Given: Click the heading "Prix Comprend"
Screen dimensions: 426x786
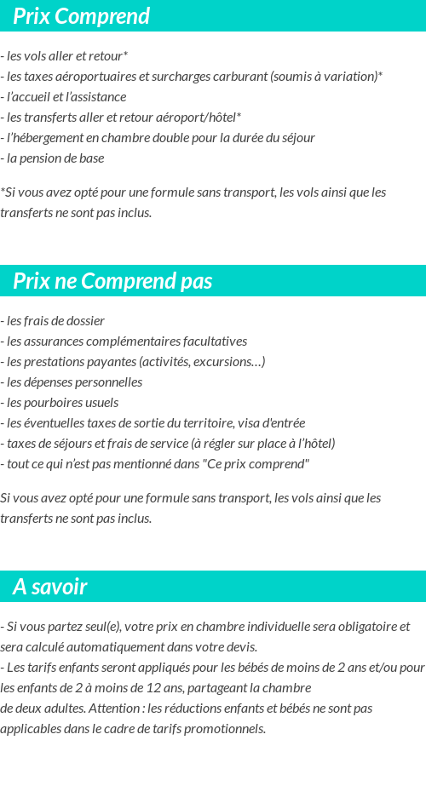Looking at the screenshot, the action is point(81,16).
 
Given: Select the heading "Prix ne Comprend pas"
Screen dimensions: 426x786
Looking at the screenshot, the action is point(112,281).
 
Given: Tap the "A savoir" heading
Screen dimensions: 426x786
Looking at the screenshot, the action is point(50,587).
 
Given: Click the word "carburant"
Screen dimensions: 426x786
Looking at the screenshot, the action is point(239,77).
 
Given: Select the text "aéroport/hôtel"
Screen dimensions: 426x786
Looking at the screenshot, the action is point(198,118).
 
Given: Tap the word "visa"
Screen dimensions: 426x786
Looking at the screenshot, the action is point(245,423).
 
